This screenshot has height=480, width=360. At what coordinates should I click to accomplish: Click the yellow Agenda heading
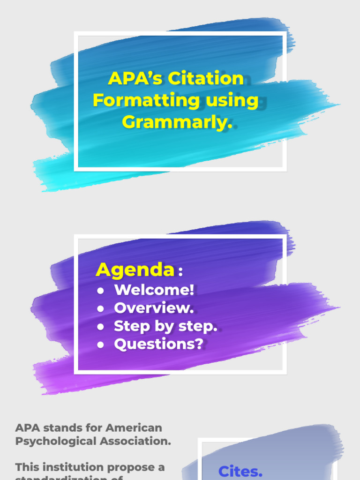pyautogui.click(x=135, y=270)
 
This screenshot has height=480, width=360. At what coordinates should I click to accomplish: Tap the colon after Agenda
pyautogui.click(x=181, y=272)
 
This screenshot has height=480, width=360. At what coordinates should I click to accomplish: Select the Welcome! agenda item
pyautogui.click(x=154, y=290)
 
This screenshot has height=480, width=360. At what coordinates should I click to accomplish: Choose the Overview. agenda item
pyautogui.click(x=154, y=308)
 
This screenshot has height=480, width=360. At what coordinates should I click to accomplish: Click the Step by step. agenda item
pyautogui.click(x=165, y=326)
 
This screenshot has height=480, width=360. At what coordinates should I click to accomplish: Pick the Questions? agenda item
pyautogui.click(x=158, y=344)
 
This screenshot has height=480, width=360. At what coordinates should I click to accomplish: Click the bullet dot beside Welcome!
pyautogui.click(x=100, y=291)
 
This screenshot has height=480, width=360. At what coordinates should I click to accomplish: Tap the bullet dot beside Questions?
pyautogui.click(x=100, y=345)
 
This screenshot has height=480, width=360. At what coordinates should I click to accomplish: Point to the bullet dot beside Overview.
pyautogui.click(x=100, y=309)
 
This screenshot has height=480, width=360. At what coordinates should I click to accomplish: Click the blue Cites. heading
pyautogui.click(x=240, y=471)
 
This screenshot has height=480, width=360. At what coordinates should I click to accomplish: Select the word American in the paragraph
pyautogui.click(x=134, y=427)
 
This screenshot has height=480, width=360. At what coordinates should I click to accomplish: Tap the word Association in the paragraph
pyautogui.click(x=135, y=441)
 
